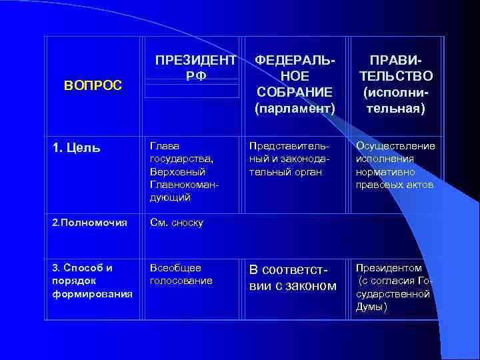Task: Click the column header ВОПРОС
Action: (93, 85)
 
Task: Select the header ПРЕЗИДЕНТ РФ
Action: (195, 67)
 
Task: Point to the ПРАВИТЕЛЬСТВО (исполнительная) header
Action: (396, 83)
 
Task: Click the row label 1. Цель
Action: (76, 147)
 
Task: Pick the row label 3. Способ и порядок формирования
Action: (84, 280)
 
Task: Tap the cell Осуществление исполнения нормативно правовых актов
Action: (395, 165)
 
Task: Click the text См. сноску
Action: (176, 223)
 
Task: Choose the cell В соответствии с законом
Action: (293, 278)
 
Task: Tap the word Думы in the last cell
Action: (371, 307)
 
